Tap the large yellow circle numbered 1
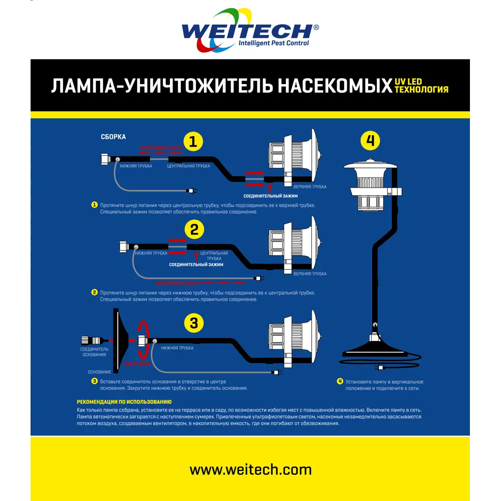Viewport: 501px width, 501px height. (x=193, y=142)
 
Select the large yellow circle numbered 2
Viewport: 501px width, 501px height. (x=194, y=229)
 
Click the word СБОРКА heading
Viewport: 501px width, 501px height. (x=113, y=137)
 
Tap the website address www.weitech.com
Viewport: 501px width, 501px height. (x=250, y=470)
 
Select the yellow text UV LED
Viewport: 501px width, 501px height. (x=408, y=82)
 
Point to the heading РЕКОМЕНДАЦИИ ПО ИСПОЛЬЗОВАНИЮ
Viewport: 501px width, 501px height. (x=124, y=402)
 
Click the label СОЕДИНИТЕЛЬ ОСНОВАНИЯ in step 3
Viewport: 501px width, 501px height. (x=94, y=352)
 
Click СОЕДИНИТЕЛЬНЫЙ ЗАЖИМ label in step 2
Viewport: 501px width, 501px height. (x=196, y=264)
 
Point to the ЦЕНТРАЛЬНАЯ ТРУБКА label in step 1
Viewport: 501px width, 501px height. (x=188, y=166)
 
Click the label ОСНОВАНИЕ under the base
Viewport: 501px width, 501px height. (x=99, y=372)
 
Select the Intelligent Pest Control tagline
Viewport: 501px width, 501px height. (x=273, y=43)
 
